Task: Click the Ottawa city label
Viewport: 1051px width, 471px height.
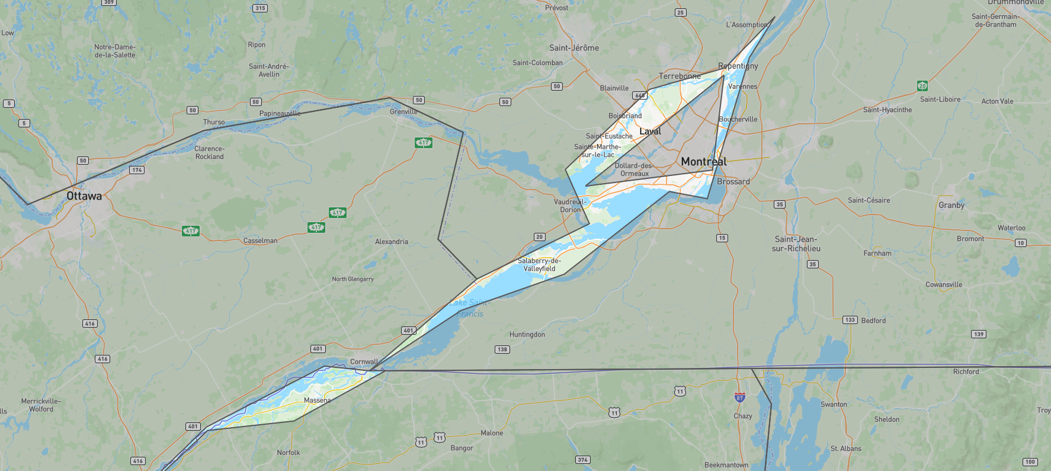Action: click(84, 196)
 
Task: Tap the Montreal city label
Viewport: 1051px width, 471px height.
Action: click(704, 162)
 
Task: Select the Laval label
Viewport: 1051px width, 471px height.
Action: click(650, 132)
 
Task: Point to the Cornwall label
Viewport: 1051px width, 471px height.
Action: click(364, 361)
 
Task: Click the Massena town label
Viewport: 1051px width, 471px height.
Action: click(317, 400)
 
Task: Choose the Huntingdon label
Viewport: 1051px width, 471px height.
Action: click(527, 335)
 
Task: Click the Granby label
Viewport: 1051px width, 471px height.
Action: click(951, 206)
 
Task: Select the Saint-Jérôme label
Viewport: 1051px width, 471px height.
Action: click(573, 48)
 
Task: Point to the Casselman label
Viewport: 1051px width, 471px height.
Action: click(260, 241)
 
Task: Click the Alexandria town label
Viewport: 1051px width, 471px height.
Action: click(391, 242)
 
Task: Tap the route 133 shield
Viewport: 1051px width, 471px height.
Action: click(850, 320)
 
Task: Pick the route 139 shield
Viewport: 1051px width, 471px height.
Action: click(979, 334)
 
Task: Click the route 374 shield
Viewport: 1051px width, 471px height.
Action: click(582, 460)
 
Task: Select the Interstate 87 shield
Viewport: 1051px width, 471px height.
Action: click(739, 398)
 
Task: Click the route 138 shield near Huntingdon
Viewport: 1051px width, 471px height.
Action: click(502, 350)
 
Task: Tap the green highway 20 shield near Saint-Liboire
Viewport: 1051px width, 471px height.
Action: click(922, 86)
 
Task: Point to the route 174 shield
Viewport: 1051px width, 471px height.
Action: click(137, 170)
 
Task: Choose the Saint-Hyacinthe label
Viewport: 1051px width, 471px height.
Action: click(887, 110)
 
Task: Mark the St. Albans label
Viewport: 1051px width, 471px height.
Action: click(845, 448)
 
